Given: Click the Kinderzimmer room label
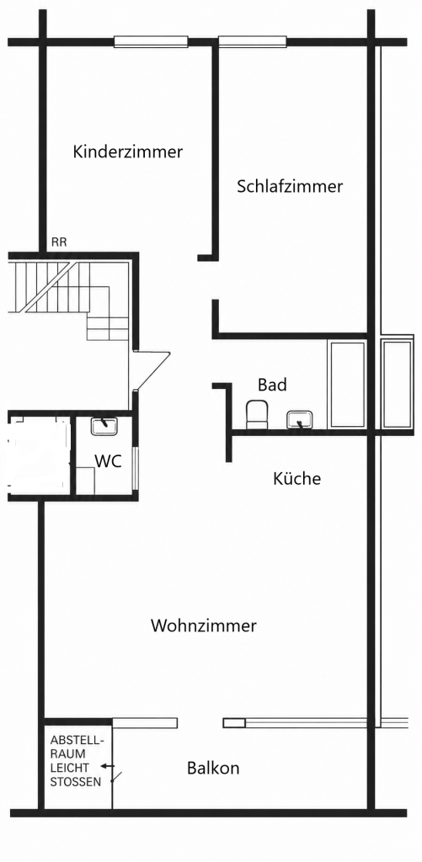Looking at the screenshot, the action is pyautogui.click(x=128, y=152).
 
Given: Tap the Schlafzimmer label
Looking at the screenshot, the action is pyautogui.click(x=290, y=186).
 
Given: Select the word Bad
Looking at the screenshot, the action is pyautogui.click(x=272, y=385).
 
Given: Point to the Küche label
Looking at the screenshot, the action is pyautogui.click(x=297, y=478).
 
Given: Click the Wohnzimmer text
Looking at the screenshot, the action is pyautogui.click(x=204, y=625).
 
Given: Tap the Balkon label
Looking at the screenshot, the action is pyautogui.click(x=213, y=768).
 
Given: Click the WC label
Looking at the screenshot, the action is pyautogui.click(x=109, y=462).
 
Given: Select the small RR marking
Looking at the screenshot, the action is pyautogui.click(x=59, y=242).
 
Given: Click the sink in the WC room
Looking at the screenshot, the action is pyautogui.click(x=104, y=427).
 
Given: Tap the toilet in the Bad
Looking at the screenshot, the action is pyautogui.click(x=256, y=414).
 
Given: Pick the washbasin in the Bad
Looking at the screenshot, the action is pyautogui.click(x=299, y=420).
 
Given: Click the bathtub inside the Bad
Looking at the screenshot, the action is pyautogui.click(x=347, y=384).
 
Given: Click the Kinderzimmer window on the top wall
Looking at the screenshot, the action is pyautogui.click(x=151, y=42).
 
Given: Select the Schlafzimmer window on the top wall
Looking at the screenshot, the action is pyautogui.click(x=253, y=42).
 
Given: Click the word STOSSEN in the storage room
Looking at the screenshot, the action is pyautogui.click(x=76, y=782).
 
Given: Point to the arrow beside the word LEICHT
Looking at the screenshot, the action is pyautogui.click(x=107, y=766).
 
